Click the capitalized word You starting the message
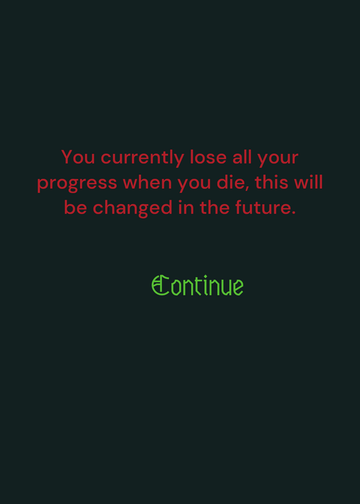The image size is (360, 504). click(78, 157)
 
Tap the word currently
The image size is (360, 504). click(142, 158)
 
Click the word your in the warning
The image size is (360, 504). click(278, 159)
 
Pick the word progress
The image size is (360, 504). click(77, 184)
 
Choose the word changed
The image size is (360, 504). click(133, 209)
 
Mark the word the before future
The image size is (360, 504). click(214, 207)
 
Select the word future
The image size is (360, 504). click(262, 207)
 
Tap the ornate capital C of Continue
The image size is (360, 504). click(160, 285)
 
